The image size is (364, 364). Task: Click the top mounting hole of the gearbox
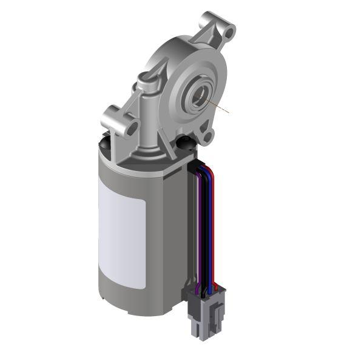(227, 29)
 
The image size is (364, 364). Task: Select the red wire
(215, 231)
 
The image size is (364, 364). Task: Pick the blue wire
(211, 231)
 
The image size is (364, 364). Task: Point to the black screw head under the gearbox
(183, 143)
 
